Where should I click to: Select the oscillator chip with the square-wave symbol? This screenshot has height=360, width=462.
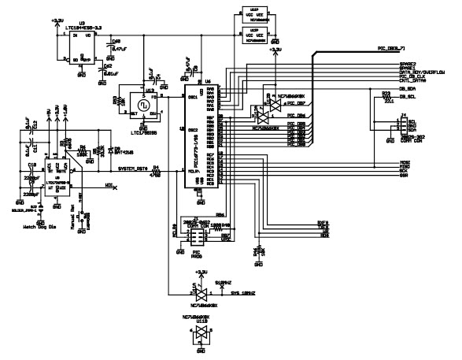[143, 105]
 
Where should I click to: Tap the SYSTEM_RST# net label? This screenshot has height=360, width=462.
[131, 169]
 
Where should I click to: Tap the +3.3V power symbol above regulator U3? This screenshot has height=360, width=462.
[57, 20]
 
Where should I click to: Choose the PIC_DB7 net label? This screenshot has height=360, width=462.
[295, 103]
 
